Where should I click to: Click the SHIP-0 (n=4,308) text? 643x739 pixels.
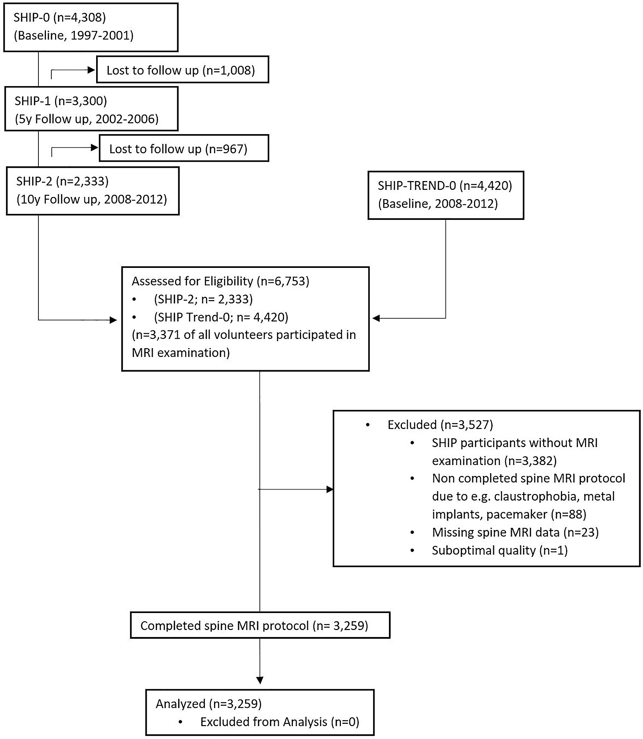pos(60,17)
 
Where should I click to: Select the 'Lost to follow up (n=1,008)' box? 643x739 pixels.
pos(182,70)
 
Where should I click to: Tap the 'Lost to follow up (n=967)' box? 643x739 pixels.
pos(184,149)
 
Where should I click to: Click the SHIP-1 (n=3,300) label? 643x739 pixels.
pos(61,101)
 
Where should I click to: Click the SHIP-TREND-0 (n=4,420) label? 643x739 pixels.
pos(445,185)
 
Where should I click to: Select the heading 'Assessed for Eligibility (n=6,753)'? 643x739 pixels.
pos(220,281)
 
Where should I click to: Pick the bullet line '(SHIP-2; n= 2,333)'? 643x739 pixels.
pos(203,299)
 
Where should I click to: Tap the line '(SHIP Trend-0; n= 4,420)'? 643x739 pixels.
pos(221,317)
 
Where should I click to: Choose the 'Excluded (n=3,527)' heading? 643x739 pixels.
pos(440,425)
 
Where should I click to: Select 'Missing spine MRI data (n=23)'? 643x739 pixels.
pos(515,532)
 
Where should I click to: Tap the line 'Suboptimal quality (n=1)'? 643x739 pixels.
pos(500,550)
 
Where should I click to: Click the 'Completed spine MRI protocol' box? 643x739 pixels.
pos(260,626)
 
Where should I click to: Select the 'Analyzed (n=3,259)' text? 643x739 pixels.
pos(209,704)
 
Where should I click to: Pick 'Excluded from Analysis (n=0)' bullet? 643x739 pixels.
pos(280,722)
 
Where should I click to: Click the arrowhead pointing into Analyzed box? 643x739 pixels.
pos(260,680)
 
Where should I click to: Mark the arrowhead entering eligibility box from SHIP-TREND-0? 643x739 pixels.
pos(376,318)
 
